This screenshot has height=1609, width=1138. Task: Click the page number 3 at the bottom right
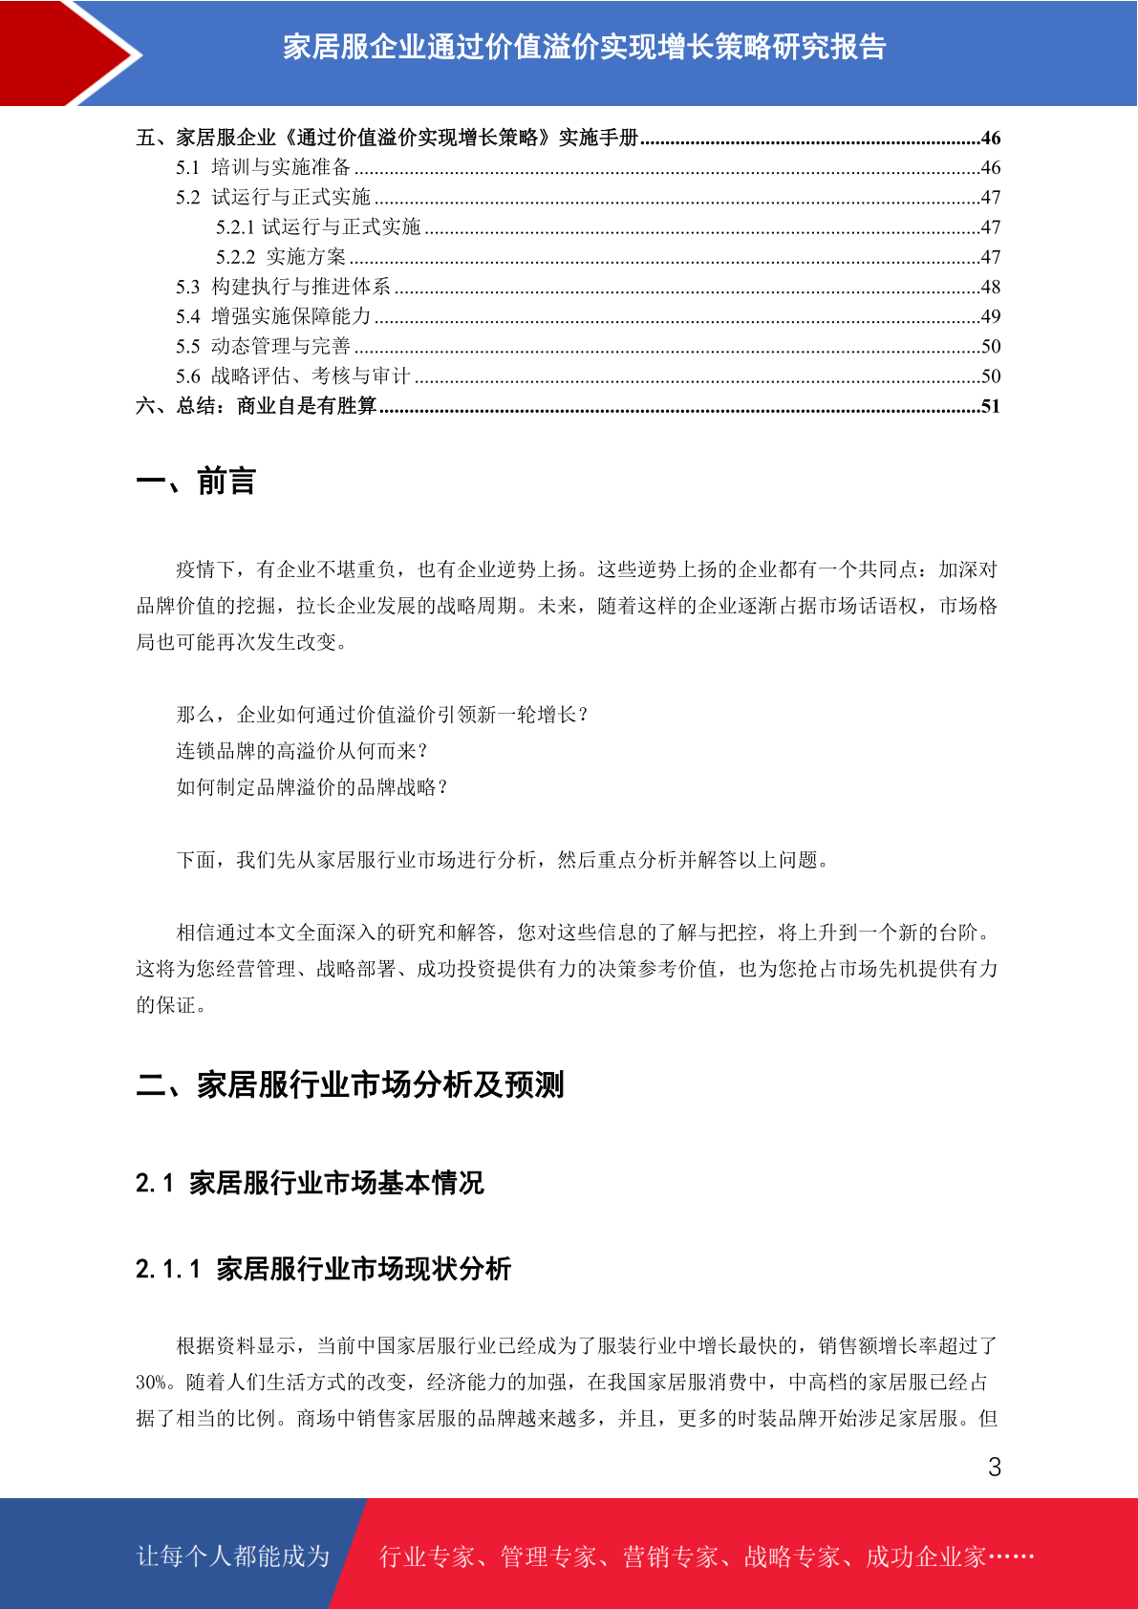click(x=994, y=1468)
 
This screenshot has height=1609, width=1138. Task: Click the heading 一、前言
click(x=196, y=482)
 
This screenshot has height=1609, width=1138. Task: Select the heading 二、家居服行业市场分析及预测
click(x=350, y=1085)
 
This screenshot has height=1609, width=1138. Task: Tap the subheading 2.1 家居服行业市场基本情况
click(x=310, y=1183)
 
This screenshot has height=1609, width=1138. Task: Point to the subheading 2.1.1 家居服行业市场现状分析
click(x=323, y=1269)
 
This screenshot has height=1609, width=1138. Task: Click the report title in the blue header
click(x=584, y=47)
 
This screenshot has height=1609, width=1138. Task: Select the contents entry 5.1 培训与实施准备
click(x=263, y=167)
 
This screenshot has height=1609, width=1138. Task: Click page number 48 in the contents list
click(x=990, y=287)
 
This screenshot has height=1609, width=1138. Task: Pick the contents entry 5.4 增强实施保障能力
click(x=273, y=316)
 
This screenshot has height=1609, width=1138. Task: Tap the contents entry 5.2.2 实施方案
click(x=281, y=257)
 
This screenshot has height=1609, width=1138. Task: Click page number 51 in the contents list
click(x=990, y=406)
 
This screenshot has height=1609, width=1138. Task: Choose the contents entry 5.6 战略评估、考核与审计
click(x=292, y=376)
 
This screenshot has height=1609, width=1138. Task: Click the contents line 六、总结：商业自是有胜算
click(x=256, y=406)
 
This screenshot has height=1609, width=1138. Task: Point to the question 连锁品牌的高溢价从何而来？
click(x=302, y=751)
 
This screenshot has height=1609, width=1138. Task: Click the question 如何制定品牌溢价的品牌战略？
click(x=312, y=787)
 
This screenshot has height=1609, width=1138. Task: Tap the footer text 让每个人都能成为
click(x=233, y=1556)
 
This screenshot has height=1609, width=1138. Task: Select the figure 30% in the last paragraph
click(x=151, y=1383)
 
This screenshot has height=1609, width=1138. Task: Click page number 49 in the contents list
click(x=990, y=316)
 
